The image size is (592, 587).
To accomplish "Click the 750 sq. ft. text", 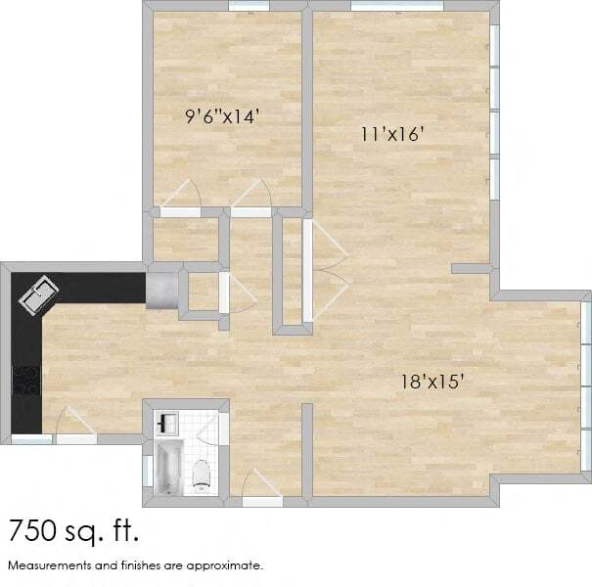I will (73, 531).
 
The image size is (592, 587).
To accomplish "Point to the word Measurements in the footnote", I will (48, 565).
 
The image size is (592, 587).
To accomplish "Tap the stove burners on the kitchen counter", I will (25, 380).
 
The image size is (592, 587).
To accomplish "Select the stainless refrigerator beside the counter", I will (160, 291).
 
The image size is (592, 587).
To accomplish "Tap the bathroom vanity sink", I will (165, 423).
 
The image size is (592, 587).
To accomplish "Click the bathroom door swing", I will (222, 430).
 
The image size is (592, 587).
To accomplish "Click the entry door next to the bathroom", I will (257, 485).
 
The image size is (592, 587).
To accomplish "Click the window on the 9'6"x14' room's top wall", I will (249, 6).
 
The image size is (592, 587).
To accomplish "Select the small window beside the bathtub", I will (147, 471).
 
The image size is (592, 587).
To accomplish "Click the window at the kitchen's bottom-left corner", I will (31, 440).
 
